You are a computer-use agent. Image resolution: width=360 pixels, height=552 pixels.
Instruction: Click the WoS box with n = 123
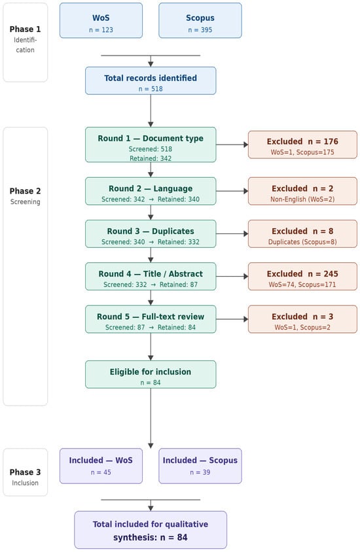(x=101, y=20)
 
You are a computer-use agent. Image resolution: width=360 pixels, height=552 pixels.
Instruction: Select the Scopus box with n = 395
(x=200, y=20)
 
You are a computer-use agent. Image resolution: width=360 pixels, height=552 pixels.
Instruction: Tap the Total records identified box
(x=151, y=80)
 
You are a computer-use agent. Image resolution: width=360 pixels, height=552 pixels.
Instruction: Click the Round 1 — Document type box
(x=151, y=145)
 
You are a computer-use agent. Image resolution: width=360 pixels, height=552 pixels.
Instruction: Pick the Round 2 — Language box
(x=151, y=191)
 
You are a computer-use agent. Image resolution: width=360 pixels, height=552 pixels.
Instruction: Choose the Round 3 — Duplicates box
(x=151, y=233)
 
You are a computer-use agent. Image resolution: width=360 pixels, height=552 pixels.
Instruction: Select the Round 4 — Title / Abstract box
(x=151, y=277)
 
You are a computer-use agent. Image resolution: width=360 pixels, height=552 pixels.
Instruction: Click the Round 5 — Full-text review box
(x=151, y=319)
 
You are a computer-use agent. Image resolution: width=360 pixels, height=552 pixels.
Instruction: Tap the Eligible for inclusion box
(x=151, y=375)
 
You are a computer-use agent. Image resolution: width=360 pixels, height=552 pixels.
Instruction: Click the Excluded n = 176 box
(x=302, y=145)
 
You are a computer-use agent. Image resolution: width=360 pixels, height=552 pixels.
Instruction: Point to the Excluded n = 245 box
(x=302, y=277)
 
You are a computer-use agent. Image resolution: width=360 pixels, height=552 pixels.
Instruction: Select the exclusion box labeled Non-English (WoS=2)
(x=302, y=191)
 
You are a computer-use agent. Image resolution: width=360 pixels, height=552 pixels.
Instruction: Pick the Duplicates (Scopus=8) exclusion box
(x=302, y=233)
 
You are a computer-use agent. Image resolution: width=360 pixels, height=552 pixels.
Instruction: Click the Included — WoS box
(x=101, y=466)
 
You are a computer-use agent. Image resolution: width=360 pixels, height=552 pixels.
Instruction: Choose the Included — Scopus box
(x=200, y=466)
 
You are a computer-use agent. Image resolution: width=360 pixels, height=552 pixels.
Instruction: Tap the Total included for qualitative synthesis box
(x=151, y=530)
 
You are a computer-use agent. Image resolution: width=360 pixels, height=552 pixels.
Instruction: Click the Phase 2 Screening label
(x=25, y=196)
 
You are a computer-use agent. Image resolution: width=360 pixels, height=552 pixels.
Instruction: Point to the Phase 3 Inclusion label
(x=25, y=477)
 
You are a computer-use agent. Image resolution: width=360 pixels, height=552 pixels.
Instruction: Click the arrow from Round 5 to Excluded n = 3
(x=232, y=319)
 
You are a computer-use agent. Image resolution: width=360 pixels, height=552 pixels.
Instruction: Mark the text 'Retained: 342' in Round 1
(x=151, y=158)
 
